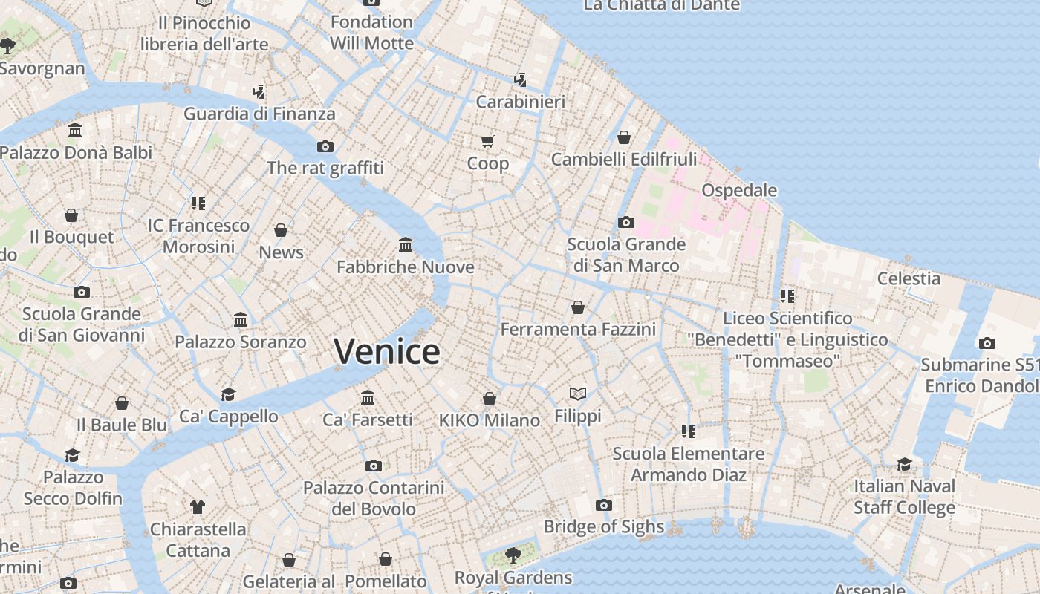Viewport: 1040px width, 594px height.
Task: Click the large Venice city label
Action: (386, 351)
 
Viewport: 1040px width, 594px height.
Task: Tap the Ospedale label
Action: (739, 190)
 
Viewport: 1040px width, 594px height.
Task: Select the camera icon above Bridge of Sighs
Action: (604, 506)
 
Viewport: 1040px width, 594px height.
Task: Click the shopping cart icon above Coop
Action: (487, 141)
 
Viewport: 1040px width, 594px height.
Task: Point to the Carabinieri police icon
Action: (520, 79)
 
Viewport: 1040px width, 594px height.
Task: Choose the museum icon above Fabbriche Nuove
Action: (406, 244)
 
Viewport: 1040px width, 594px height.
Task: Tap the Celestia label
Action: (909, 278)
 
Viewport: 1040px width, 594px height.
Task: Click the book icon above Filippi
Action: (578, 394)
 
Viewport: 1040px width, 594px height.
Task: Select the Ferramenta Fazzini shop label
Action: (578, 329)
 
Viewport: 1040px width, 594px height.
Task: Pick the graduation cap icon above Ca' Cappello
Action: (228, 394)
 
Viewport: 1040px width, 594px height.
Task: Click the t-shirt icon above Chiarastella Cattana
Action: (197, 507)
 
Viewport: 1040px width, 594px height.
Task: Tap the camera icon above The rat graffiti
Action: (325, 146)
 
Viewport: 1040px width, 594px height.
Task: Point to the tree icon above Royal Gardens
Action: (513, 555)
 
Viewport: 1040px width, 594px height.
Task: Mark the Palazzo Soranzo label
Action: (240, 342)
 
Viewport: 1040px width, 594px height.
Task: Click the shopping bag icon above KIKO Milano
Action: (489, 399)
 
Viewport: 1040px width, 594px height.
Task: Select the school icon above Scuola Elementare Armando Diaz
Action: (688, 431)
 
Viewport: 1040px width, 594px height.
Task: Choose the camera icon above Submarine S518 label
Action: (987, 343)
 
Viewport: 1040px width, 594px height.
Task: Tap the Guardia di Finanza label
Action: (259, 114)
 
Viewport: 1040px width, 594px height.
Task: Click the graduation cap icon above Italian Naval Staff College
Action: (904, 465)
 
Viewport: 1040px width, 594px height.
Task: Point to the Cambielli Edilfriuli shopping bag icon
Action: (624, 137)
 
